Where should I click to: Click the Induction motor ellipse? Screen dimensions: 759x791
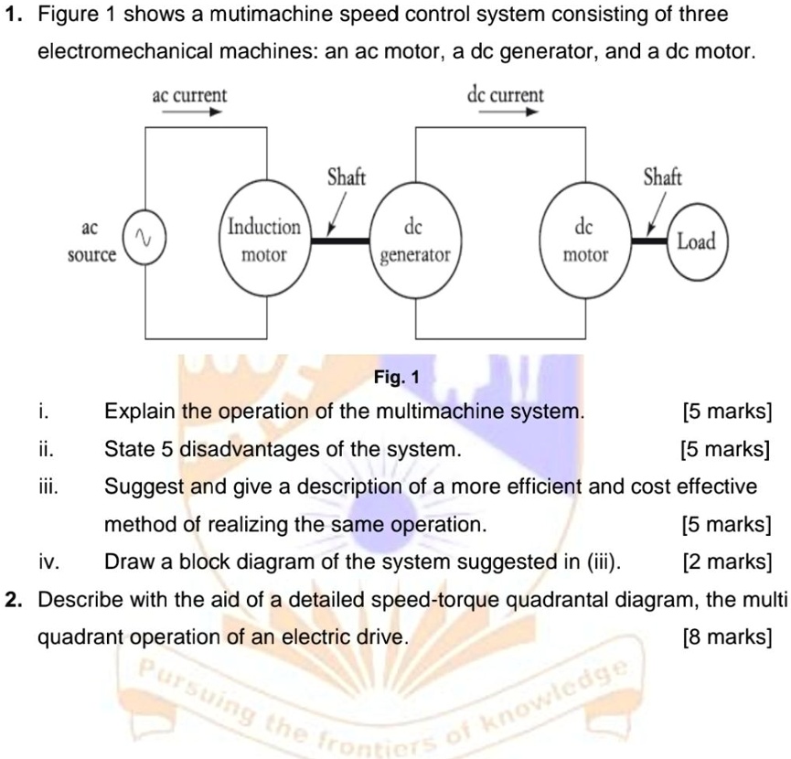pyautogui.click(x=263, y=240)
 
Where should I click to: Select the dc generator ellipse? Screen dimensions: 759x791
pyautogui.click(x=416, y=240)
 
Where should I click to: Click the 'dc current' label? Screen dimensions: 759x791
pyautogui.click(x=505, y=95)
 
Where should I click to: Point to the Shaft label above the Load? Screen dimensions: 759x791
pyautogui.click(x=662, y=176)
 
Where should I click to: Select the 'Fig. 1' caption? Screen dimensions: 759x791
pyautogui.click(x=396, y=377)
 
